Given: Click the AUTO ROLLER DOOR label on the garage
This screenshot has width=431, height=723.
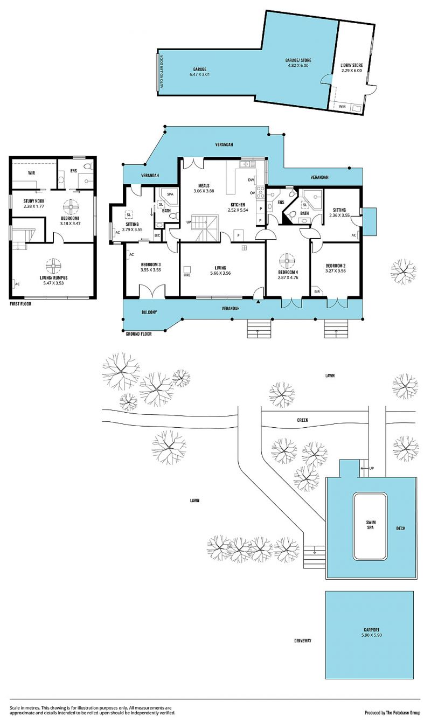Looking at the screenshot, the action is tap(162, 72).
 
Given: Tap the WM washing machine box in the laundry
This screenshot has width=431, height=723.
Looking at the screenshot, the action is tap(342, 107).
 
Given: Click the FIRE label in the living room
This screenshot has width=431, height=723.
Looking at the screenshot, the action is tap(187, 275).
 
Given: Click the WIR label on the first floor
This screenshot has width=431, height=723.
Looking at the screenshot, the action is tap(31, 173).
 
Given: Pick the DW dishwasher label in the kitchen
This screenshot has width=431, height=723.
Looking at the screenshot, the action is tap(251, 180).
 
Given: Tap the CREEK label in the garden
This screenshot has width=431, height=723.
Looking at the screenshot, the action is tap(302, 420).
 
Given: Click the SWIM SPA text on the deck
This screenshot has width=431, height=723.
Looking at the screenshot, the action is tap(370, 525).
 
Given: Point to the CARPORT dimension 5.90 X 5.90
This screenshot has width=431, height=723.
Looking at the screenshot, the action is tap(371, 635).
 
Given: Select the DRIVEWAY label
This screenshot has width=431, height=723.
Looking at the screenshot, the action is tap(303, 641).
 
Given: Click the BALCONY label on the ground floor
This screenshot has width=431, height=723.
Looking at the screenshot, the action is tap(149, 312).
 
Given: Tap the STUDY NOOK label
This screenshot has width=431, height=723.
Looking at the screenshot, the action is tap(34, 201).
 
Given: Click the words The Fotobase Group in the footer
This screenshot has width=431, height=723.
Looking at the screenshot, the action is tap(403, 712).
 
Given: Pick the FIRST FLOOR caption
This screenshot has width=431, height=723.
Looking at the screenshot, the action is tap(20, 304).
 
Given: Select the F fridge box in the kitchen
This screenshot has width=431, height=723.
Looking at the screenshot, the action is tap(239, 235).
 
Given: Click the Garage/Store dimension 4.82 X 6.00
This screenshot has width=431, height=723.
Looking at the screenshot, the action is tap(298, 65).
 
